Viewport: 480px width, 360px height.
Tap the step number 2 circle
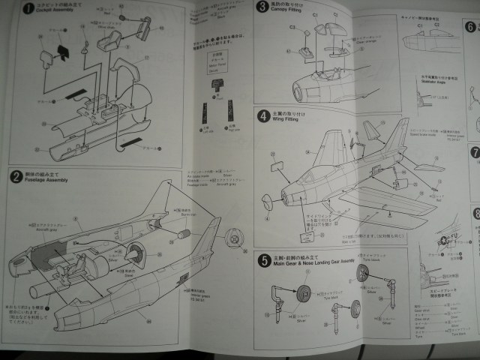(16, 177)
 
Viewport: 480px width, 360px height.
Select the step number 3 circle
(262, 7)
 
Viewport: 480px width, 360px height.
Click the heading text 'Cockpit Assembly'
(55, 12)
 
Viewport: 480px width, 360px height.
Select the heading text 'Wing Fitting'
(290, 121)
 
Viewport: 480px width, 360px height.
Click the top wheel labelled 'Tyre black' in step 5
(363, 274)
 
